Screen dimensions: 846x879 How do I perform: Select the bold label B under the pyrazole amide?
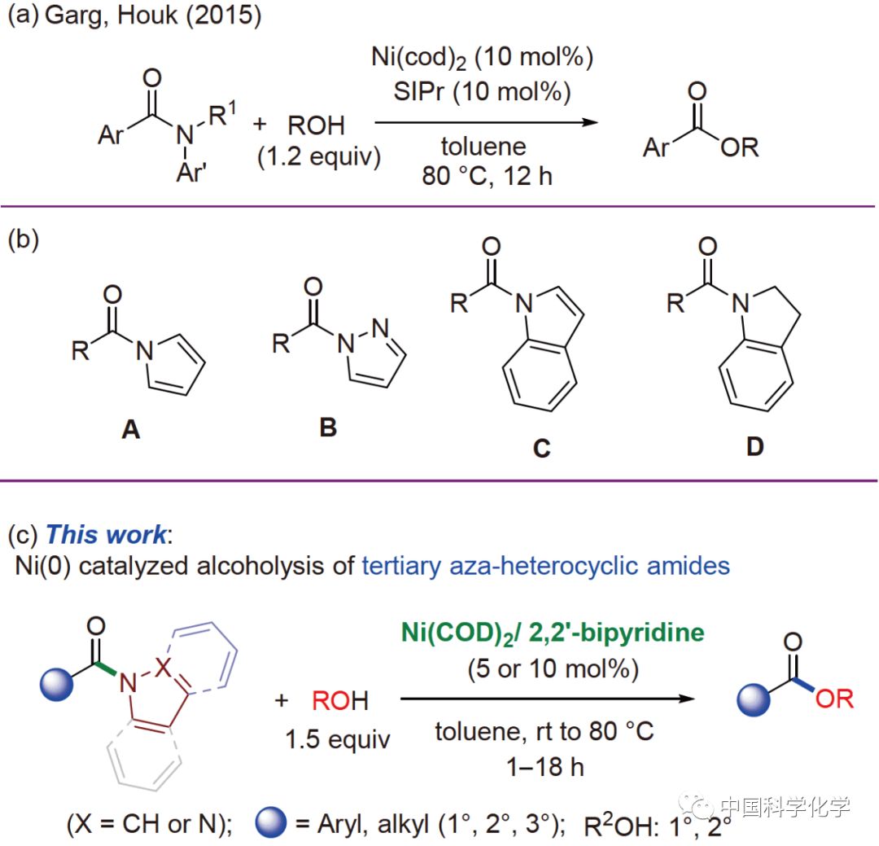(328, 427)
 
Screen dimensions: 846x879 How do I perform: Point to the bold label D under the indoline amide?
(755, 447)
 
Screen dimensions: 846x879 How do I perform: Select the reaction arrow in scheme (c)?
(545, 699)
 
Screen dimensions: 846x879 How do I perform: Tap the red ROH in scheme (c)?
(340, 699)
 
